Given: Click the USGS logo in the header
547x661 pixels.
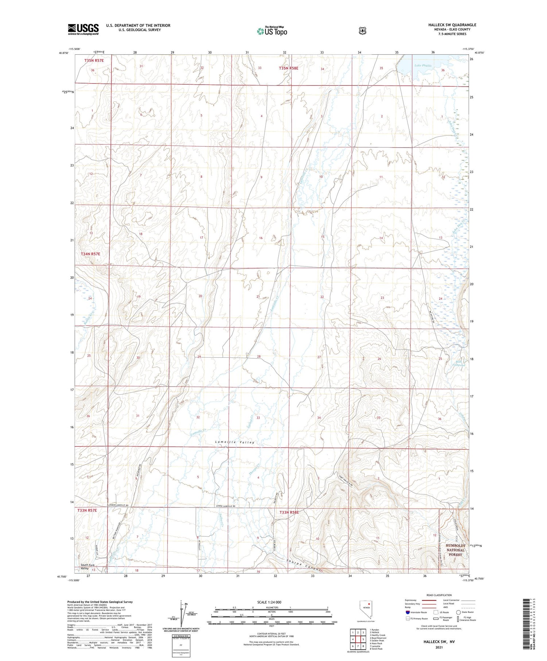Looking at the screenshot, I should (83, 29).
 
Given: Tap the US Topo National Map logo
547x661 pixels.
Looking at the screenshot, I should (272, 31).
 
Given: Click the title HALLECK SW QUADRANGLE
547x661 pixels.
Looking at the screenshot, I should (452, 25).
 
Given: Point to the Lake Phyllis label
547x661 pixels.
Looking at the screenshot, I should (423, 66).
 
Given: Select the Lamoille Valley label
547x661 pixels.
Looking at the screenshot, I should (234, 442).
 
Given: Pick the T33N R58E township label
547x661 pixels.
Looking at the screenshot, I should (289, 512).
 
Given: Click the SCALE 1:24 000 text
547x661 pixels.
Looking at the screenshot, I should (269, 602).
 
